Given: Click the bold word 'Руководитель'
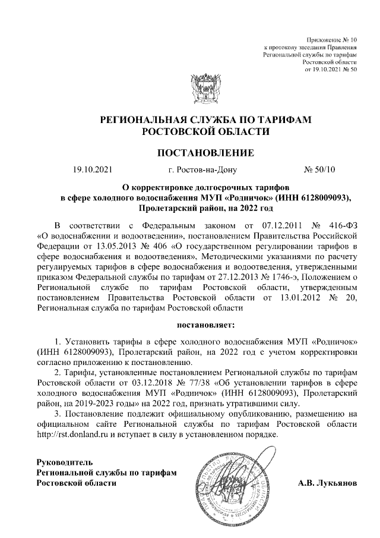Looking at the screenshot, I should point(64,462).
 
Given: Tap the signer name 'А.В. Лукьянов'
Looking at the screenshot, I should point(328,483).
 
